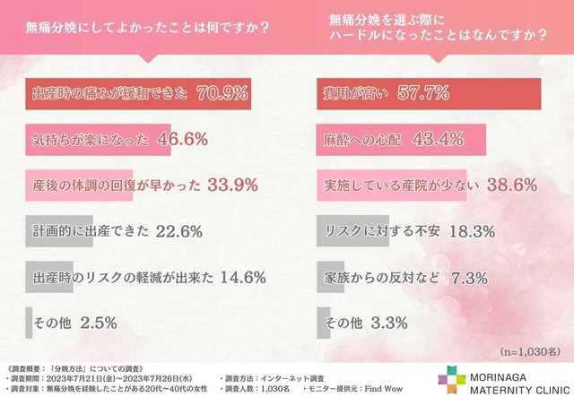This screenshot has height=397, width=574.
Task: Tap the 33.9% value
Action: click(233, 186)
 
